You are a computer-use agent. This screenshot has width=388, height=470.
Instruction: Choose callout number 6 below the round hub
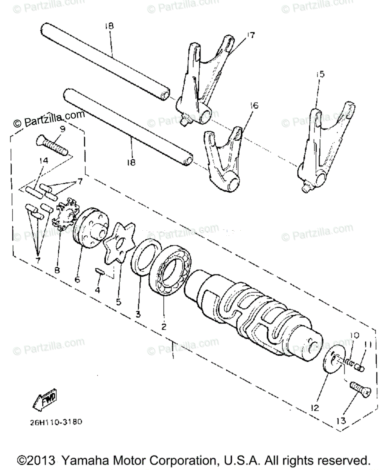click(x=77, y=279)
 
